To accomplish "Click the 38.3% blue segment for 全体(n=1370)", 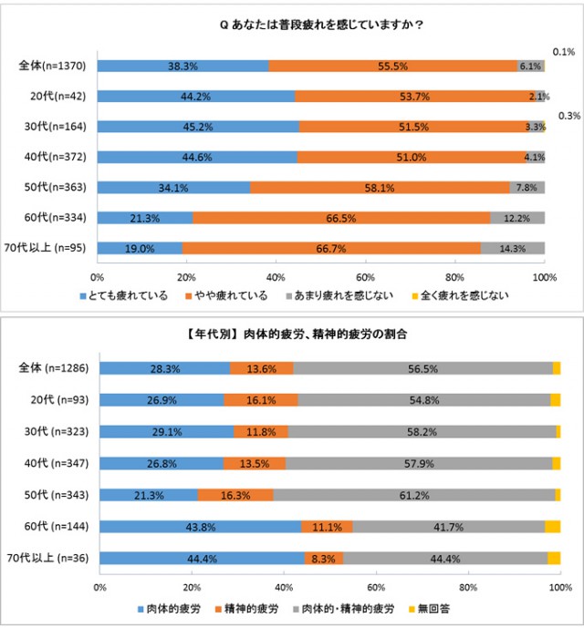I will point(182,66).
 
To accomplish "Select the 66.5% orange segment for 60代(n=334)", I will point(341,218).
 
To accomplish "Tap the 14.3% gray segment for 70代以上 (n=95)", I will point(512,248).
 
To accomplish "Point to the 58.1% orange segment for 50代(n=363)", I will point(380,188).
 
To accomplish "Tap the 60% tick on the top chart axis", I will point(365,275).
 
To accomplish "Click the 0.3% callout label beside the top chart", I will point(569,116).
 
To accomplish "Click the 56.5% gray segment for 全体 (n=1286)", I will point(423,367).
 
